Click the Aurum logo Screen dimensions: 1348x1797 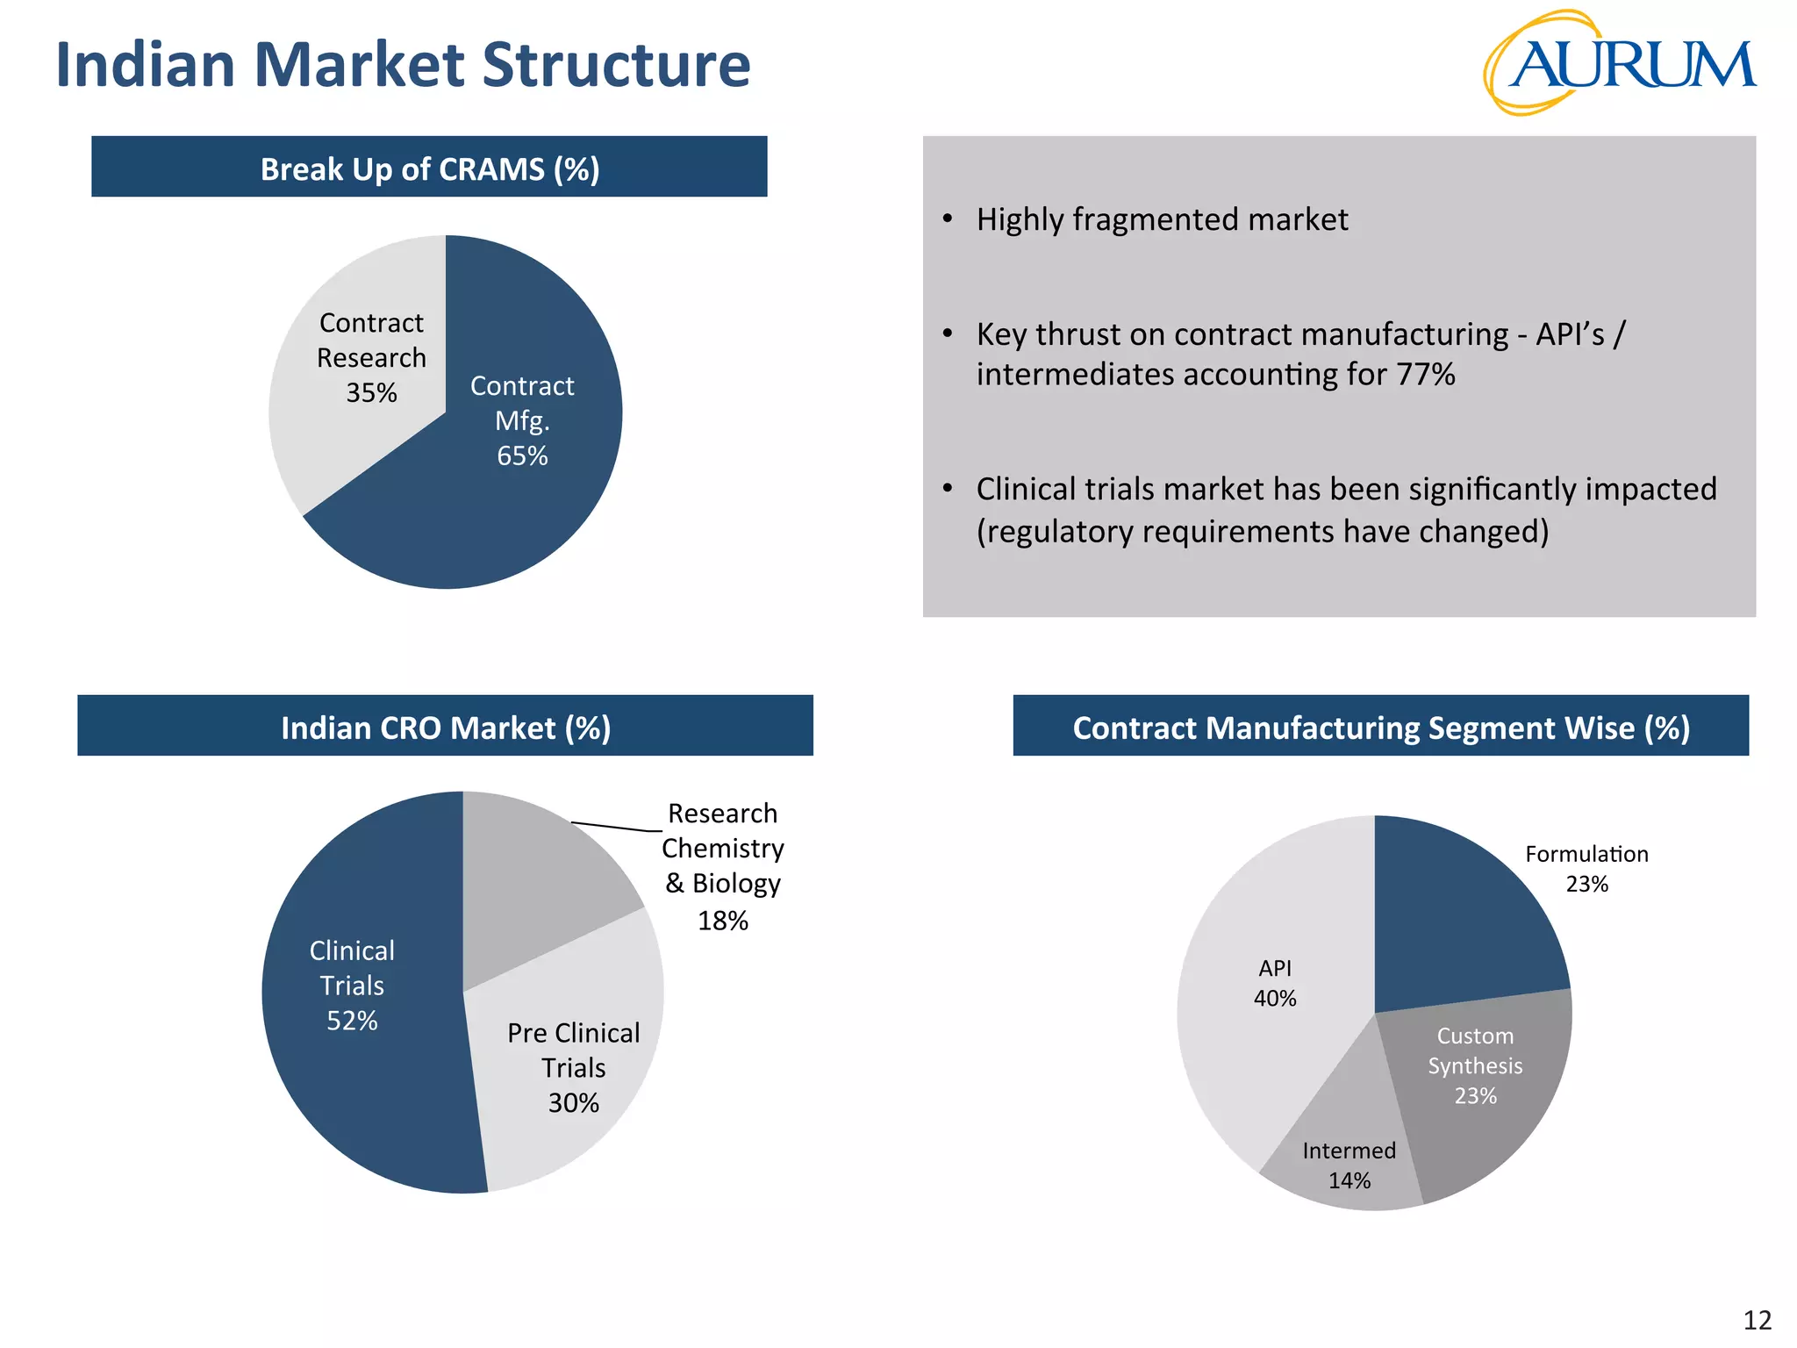tap(1619, 63)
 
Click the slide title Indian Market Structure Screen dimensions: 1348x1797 tap(403, 65)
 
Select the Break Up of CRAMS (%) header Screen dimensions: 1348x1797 tap(429, 167)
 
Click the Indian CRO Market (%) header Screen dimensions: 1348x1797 tap(445, 727)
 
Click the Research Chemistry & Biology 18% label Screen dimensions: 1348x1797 tap(722, 865)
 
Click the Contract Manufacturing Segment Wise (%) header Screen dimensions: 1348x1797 tap(1380, 727)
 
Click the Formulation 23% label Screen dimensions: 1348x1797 tap(1586, 868)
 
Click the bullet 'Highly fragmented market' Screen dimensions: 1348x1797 tap(1162, 219)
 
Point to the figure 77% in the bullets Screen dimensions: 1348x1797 tap(1425, 375)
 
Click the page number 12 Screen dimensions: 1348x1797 tap(1757, 1320)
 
